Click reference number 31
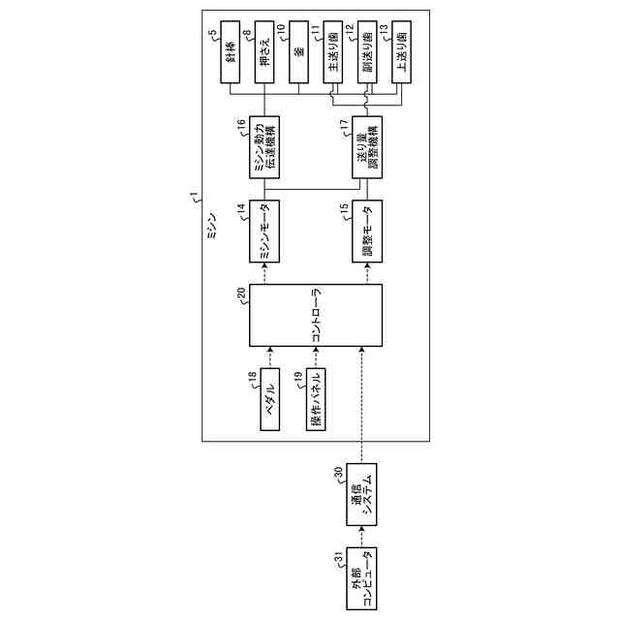338,555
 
